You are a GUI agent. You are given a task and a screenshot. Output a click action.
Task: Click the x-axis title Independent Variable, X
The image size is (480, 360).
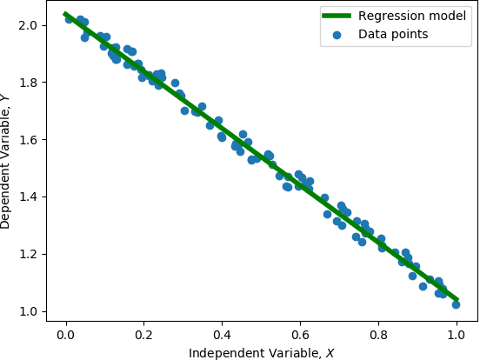pos(261,351)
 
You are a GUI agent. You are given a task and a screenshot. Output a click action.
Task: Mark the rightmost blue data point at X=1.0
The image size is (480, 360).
pos(456,304)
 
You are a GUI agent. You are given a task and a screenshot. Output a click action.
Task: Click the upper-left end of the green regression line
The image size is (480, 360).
pos(66,14)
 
